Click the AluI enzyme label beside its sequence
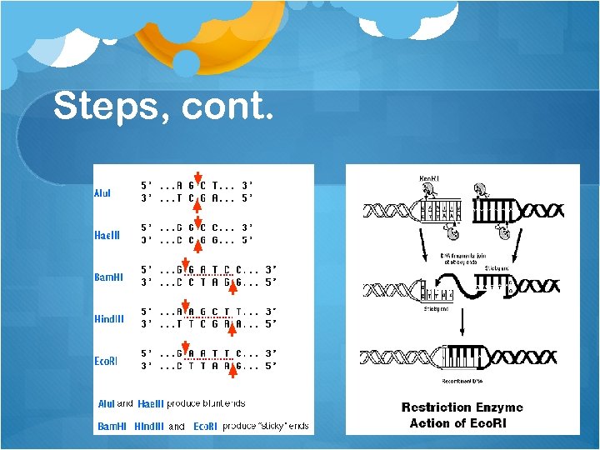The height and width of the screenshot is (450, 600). [102, 193]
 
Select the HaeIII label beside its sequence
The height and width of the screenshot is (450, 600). [107, 235]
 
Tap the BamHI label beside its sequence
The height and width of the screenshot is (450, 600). [107, 277]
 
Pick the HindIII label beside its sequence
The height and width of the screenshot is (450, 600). [108, 318]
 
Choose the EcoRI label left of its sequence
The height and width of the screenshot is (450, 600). [106, 360]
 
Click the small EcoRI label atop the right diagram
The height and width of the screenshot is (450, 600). [430, 178]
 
